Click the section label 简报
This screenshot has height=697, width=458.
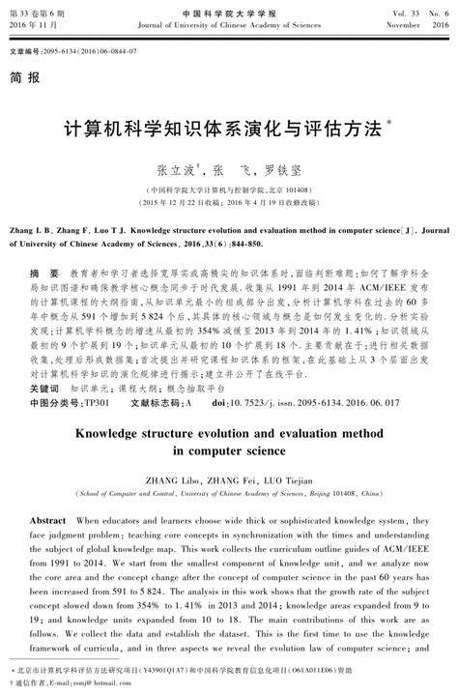coord(26,74)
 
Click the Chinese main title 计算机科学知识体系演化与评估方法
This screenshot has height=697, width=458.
coord(220,131)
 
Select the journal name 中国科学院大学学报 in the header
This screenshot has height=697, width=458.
coord(229,7)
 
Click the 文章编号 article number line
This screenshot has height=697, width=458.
coord(72,48)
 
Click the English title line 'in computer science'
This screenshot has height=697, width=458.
coord(229,450)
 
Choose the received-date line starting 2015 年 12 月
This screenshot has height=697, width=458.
coord(229,204)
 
